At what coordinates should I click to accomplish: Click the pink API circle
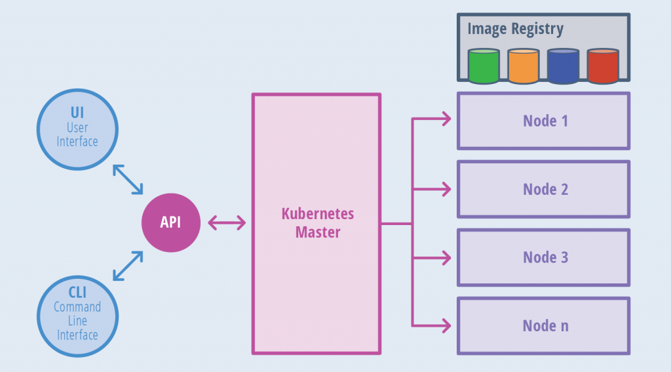[170, 222]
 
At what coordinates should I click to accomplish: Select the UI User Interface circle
[77, 128]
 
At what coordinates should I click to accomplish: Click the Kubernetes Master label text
[317, 223]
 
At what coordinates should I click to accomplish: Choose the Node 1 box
[543, 121]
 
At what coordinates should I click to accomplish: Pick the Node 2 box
[543, 189]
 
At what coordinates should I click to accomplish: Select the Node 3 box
[543, 257]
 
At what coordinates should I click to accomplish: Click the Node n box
[543, 325]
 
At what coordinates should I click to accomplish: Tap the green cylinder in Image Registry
[484, 66]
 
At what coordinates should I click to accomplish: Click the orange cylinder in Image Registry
[523, 66]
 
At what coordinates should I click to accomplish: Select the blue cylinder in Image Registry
[563, 66]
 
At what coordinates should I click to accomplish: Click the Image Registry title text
[515, 29]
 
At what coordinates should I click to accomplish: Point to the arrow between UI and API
[128, 179]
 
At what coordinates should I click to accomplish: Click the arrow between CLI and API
[128, 266]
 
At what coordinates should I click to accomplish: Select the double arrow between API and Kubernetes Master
[227, 223]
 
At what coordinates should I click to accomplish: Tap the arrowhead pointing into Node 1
[446, 119]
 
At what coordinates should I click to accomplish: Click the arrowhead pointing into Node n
[446, 325]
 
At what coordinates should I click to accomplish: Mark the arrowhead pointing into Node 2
[446, 189]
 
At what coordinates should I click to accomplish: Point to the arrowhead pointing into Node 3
[446, 257]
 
